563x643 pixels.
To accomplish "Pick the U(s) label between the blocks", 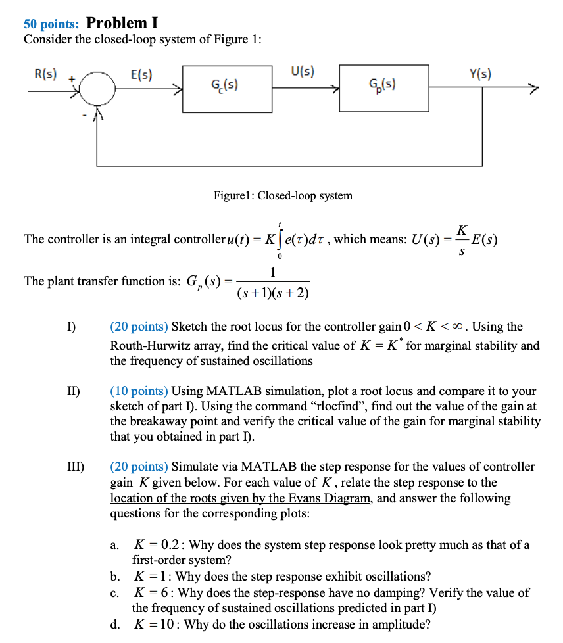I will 302,72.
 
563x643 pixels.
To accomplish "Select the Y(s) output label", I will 479,74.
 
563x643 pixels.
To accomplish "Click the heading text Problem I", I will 122,23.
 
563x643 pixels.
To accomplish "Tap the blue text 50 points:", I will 51,24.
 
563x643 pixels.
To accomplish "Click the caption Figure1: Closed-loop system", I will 283,195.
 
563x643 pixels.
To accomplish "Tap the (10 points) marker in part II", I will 139,391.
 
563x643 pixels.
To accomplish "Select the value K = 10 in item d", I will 156,624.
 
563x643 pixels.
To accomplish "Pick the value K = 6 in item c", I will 153,592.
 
